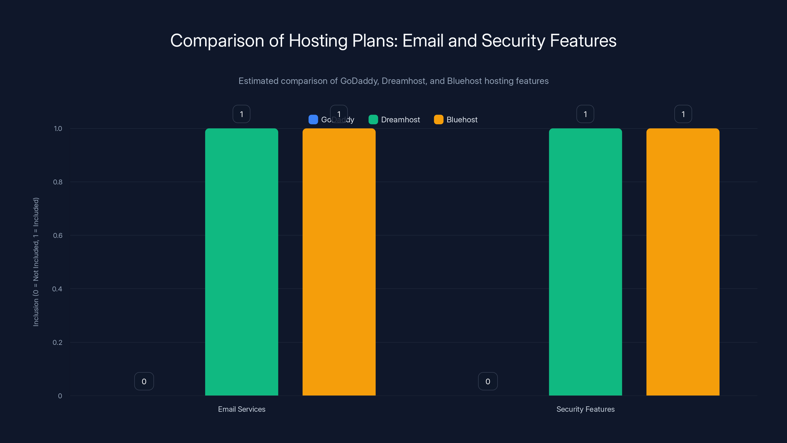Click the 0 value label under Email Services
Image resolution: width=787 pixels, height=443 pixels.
[x=144, y=381]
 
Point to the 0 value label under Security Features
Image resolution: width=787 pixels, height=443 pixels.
[x=488, y=381]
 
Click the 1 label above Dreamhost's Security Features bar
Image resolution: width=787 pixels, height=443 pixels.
[x=585, y=114]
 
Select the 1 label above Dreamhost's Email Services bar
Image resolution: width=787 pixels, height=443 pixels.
[x=241, y=114]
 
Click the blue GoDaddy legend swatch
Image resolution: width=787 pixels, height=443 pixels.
[x=313, y=120]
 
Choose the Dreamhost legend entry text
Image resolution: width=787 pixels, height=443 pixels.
[x=400, y=120]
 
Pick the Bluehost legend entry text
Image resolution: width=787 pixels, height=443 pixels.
[x=462, y=120]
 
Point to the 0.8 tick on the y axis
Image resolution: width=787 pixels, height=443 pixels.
[x=58, y=182]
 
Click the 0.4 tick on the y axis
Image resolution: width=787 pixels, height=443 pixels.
[x=57, y=289]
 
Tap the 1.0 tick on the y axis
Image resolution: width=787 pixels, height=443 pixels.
[x=58, y=128]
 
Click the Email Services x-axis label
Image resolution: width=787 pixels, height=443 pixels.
[x=241, y=409]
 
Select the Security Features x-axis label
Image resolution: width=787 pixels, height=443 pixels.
[x=585, y=409]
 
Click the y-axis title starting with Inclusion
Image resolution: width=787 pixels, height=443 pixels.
[x=36, y=262]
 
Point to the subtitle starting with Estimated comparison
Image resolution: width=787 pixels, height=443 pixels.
[x=393, y=81]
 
